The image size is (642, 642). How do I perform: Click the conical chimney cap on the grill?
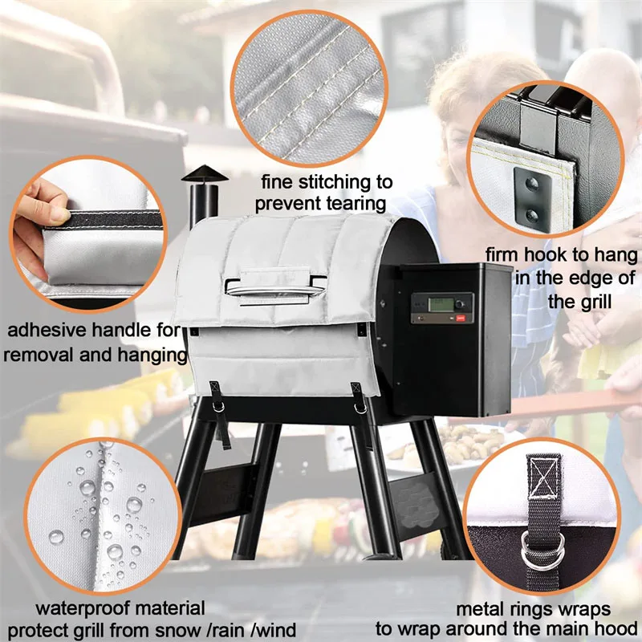205,174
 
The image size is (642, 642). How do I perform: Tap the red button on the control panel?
461,317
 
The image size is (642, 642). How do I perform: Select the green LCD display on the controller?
441,304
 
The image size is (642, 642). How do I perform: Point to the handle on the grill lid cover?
275,289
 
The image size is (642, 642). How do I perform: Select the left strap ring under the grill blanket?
218,407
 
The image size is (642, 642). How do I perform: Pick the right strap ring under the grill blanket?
360,408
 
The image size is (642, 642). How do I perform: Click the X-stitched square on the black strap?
543,477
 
